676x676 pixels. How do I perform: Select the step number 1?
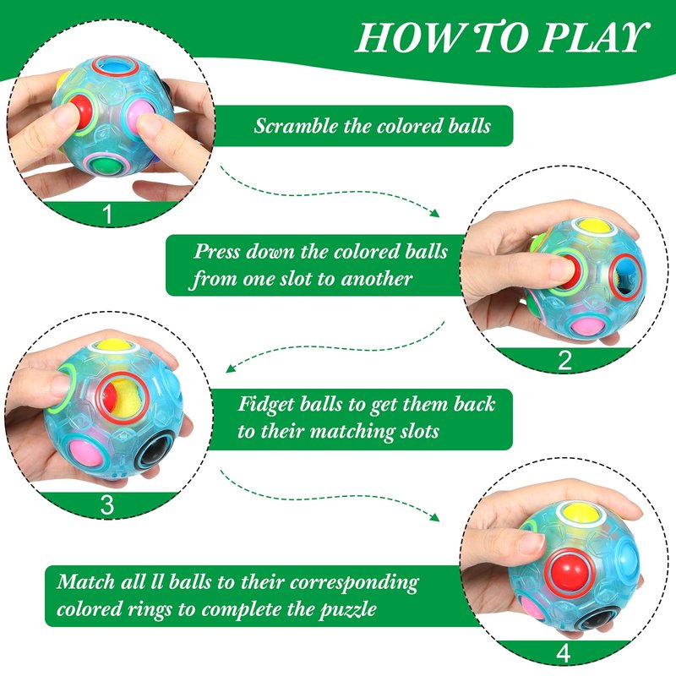click(107, 214)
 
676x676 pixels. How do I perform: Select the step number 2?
click(564, 360)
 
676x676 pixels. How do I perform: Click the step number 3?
click(107, 504)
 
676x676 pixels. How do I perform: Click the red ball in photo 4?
click(572, 571)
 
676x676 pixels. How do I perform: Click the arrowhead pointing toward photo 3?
click(231, 368)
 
